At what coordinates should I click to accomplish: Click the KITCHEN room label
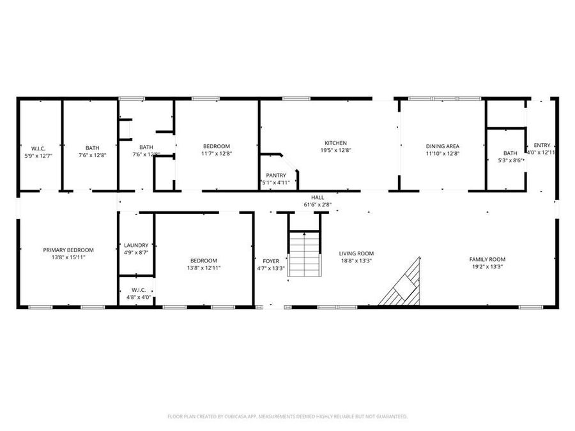[335, 143]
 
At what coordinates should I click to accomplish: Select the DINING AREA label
[443, 146]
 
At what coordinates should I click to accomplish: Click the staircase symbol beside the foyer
[303, 253]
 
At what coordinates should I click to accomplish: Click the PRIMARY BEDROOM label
[68, 250]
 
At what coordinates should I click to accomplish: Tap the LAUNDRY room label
[136, 245]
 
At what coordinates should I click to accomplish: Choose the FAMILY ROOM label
[487, 259]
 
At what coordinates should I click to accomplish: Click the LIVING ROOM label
[356, 253]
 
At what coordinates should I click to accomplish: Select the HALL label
[317, 198]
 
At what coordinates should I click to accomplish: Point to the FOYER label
[271, 261]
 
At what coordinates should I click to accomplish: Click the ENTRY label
[542, 146]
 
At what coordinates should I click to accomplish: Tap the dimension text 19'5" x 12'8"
[335, 150]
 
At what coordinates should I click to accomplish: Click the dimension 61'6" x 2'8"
[317, 205]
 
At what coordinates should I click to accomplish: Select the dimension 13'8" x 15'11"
[68, 257]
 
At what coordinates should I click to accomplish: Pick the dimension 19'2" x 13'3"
[487, 266]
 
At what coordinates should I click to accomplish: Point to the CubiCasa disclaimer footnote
[287, 416]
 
